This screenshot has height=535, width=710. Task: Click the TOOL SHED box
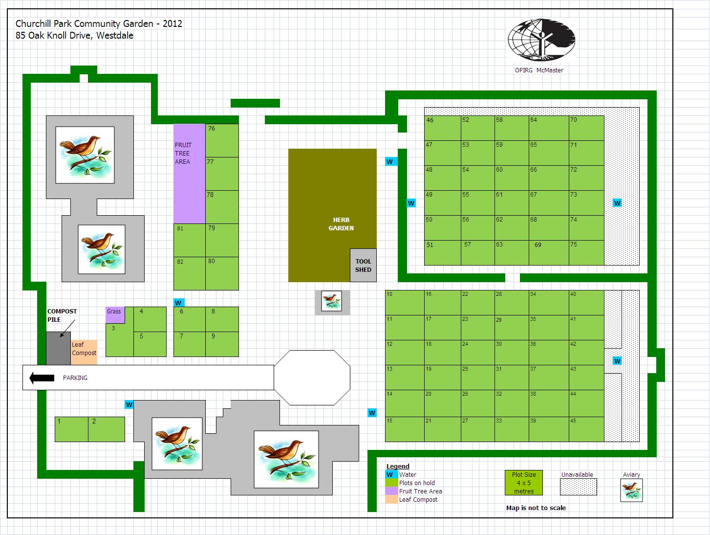(x=363, y=266)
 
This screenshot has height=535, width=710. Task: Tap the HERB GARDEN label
(x=341, y=224)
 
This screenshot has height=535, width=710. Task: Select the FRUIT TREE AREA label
(x=183, y=153)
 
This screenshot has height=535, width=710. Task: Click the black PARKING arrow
(x=42, y=378)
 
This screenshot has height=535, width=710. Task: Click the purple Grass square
(x=115, y=315)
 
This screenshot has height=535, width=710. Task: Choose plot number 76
(x=222, y=140)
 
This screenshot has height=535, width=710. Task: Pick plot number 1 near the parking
(x=71, y=429)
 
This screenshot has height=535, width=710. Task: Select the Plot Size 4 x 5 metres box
(x=524, y=483)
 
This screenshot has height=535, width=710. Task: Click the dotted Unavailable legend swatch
(x=579, y=487)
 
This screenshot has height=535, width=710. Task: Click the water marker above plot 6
(x=178, y=303)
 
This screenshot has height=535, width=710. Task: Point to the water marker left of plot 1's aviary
(x=129, y=404)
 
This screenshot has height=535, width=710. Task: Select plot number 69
(x=548, y=252)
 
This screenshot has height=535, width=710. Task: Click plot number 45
(x=586, y=429)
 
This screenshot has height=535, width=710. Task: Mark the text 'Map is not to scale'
(x=536, y=508)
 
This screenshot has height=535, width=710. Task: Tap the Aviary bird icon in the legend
(x=631, y=490)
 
